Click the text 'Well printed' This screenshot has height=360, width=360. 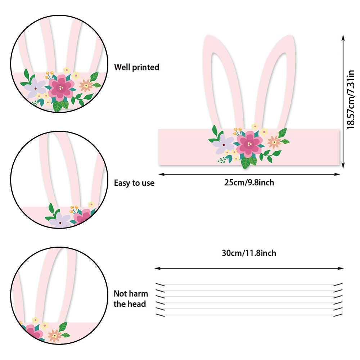pos(136,67)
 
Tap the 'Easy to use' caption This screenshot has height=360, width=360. pos(134,183)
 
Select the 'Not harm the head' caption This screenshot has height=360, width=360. pos(131,299)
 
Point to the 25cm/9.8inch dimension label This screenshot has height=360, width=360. pos(249,183)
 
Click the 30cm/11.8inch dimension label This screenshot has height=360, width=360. pos(249,253)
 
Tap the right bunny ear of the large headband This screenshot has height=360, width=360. pos(278,79)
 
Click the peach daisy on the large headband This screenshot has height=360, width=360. pos(274,143)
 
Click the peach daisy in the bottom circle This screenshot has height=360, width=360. pos(54,336)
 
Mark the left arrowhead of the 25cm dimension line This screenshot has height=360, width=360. pos(160,174)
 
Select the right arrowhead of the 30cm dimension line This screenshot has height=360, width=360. pos(342,268)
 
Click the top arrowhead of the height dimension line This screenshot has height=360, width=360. pos(343,37)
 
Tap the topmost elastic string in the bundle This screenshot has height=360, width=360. pos(248,285)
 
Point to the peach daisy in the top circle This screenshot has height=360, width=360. pos(86,85)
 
